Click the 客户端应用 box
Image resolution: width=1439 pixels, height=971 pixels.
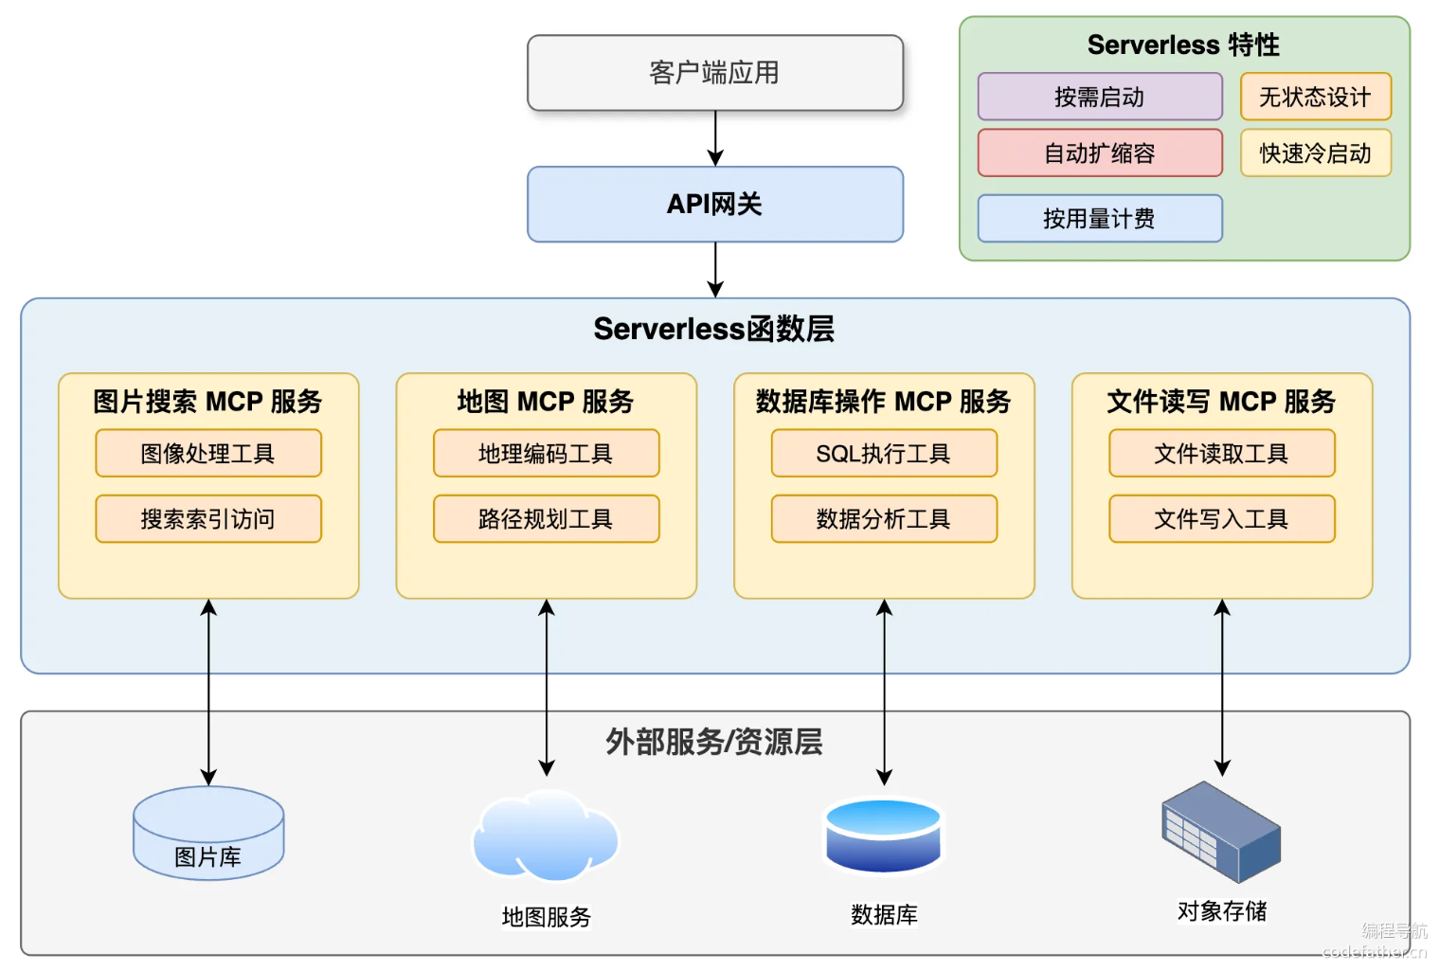(715, 73)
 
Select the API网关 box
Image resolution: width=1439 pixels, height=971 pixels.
(715, 205)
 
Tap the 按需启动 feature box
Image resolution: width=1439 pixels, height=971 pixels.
(1100, 97)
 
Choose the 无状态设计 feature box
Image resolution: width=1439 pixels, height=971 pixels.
(1316, 97)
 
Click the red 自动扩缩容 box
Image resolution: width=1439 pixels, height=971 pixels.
(1100, 153)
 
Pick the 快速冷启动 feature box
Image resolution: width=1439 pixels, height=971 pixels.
(1316, 153)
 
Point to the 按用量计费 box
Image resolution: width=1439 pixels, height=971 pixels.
(1100, 218)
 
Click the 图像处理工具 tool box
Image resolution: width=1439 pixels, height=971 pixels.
(208, 454)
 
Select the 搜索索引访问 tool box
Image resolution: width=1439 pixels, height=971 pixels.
(208, 519)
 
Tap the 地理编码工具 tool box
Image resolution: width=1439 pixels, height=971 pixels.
(546, 454)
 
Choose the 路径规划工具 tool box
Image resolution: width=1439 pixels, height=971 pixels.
(546, 519)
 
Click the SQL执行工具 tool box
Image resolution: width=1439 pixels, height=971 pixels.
(884, 454)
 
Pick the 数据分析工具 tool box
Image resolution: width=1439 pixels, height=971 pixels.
(884, 519)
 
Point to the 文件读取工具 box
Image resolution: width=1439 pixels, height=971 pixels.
(1222, 454)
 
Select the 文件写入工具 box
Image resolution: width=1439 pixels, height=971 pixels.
(1222, 519)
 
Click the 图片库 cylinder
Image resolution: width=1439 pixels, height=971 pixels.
(208, 833)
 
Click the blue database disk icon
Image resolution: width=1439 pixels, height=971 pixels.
(883, 835)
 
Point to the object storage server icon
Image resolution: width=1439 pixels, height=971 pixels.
(1221, 833)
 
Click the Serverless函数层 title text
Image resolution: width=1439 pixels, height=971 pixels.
(714, 329)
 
